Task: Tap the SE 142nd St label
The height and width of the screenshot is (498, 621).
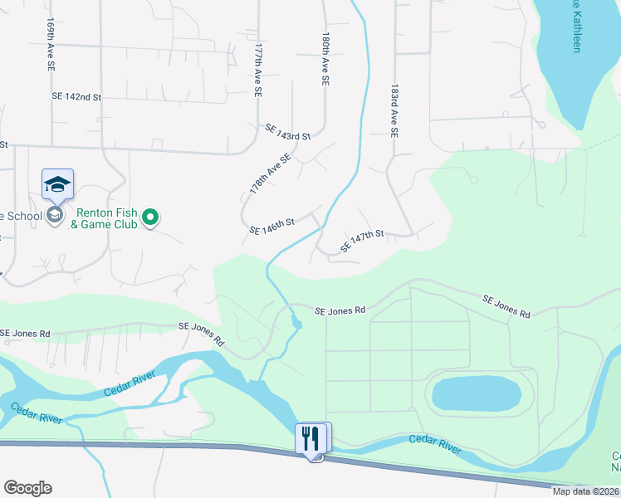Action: pos(76,97)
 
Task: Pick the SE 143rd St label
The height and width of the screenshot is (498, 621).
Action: pos(287,131)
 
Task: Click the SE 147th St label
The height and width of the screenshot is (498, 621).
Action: pos(361,242)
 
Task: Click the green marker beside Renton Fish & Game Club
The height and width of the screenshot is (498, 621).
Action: pos(150,217)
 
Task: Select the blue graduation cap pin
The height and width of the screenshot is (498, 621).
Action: pos(57,184)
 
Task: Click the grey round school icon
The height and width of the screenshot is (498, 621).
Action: pos(55,216)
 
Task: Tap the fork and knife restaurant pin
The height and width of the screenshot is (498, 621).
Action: pos(312,438)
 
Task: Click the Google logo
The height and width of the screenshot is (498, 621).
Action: pos(27,488)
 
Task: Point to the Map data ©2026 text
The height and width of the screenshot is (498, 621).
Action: pos(585,491)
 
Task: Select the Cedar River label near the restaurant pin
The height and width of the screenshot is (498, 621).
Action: pos(434,443)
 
